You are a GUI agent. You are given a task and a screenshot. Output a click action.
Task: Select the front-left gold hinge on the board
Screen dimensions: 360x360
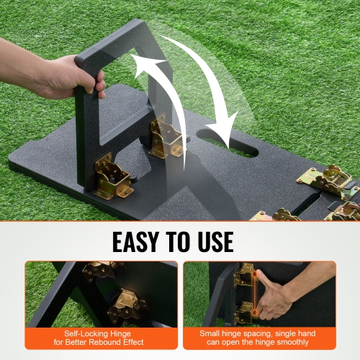(x=112, y=176)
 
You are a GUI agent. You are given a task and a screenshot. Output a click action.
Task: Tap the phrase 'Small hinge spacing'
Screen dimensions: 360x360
(x=228, y=334)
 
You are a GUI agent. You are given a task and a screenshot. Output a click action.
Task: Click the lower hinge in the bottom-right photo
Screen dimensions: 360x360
(x=246, y=312)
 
